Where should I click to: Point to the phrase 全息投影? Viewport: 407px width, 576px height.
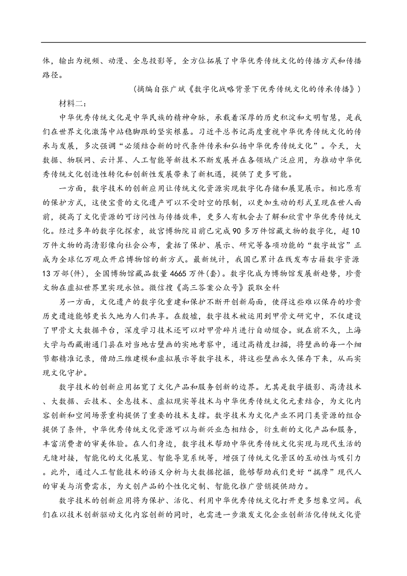point(151,60)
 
